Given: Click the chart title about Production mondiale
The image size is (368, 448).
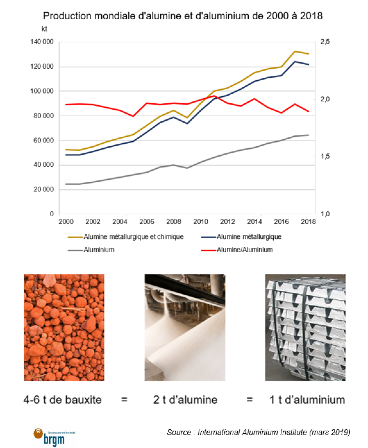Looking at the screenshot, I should pyautogui.click(x=183, y=16).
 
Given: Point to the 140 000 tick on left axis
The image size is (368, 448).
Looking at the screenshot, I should pyautogui.click(x=42, y=42).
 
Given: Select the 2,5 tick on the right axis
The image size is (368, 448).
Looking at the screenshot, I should pyautogui.click(x=325, y=42).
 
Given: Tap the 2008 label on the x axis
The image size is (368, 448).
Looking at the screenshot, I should pyautogui.click(x=174, y=222).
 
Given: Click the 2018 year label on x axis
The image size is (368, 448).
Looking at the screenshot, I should pyautogui.click(x=308, y=222).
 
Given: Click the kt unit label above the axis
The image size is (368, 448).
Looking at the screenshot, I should pyautogui.click(x=44, y=29).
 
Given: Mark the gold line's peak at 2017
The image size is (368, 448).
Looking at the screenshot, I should pyautogui.click(x=295, y=51).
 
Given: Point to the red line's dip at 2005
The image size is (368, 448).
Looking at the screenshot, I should pyautogui.click(x=133, y=116).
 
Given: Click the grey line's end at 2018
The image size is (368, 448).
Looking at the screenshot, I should pyautogui.click(x=308, y=135).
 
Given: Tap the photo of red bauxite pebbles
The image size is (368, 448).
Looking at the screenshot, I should pyautogui.click(x=64, y=327).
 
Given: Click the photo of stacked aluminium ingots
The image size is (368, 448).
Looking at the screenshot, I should pyautogui.click(x=305, y=327).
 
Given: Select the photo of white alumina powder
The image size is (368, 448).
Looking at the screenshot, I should pyautogui.click(x=185, y=327).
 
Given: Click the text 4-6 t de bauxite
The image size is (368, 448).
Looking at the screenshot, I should pyautogui.click(x=62, y=400).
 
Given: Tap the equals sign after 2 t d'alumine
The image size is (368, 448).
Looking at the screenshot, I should pyautogui.click(x=249, y=400).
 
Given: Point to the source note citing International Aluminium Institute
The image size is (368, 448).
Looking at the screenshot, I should pyautogui.click(x=259, y=432).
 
